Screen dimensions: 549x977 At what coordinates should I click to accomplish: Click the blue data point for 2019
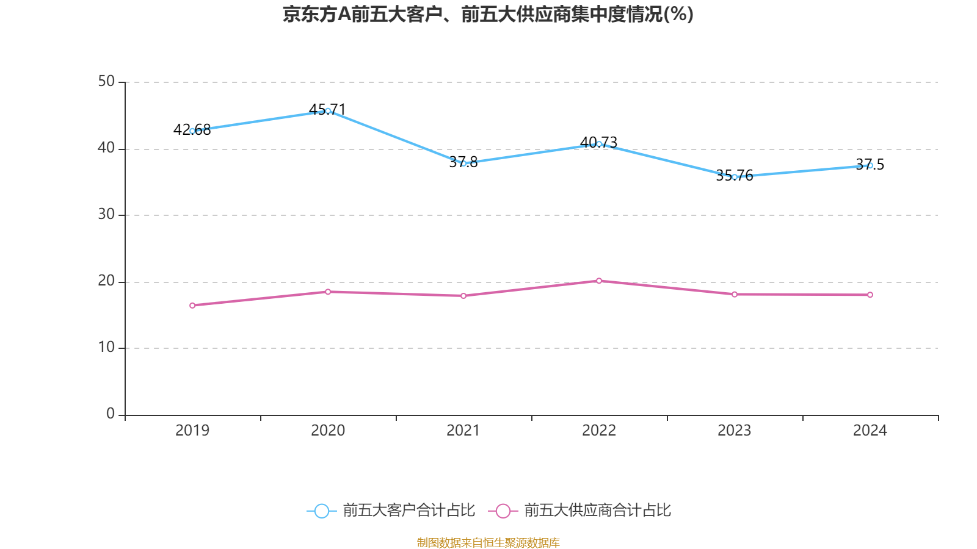[192, 131]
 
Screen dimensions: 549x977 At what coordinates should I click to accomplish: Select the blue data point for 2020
[328, 111]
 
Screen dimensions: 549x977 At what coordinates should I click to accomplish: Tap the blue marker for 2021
[463, 163]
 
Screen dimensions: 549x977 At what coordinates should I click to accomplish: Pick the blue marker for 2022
[599, 144]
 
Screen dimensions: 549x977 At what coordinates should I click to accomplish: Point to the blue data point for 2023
[735, 177]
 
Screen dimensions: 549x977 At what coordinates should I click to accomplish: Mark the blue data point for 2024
[870, 165]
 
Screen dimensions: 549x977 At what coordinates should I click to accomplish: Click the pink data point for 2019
[192, 305]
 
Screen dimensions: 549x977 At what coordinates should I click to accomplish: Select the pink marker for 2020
[328, 292]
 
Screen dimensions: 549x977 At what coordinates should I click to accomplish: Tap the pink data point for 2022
[599, 281]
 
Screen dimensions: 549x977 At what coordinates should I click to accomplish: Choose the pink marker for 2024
[870, 295]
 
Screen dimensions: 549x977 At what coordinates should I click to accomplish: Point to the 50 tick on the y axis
[106, 82]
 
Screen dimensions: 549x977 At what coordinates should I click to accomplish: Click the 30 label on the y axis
[106, 215]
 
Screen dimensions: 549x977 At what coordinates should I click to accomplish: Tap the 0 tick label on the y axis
[111, 414]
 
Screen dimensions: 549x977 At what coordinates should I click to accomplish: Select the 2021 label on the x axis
[463, 431]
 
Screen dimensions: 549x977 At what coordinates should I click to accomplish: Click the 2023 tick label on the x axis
[735, 431]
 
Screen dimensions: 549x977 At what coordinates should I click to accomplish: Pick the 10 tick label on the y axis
[106, 348]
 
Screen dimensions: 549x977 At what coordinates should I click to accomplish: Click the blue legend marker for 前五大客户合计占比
[321, 511]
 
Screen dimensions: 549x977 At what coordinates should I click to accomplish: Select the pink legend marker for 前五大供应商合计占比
[503, 511]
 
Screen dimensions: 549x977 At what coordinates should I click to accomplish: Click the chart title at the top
[488, 14]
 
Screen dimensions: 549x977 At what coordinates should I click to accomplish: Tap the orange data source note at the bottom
[488, 542]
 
